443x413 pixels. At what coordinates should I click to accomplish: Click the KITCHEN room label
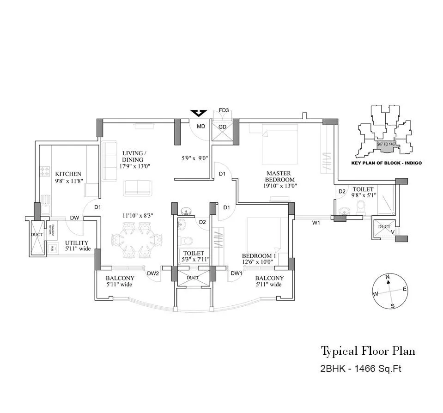click(x=68, y=174)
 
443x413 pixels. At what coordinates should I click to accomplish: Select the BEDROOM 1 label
click(x=258, y=255)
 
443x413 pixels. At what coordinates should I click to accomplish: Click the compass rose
click(x=391, y=291)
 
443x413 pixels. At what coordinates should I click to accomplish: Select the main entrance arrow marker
click(x=199, y=113)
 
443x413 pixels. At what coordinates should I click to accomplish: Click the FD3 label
click(x=224, y=110)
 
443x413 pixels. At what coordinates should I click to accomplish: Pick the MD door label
click(x=201, y=126)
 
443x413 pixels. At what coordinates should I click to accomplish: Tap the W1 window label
click(x=316, y=223)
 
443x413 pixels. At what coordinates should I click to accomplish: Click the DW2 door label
click(x=153, y=273)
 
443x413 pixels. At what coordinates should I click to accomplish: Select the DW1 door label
click(x=237, y=273)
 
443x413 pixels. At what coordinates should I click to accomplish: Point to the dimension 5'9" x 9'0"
click(x=194, y=158)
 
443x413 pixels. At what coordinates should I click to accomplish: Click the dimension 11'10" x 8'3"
click(x=137, y=215)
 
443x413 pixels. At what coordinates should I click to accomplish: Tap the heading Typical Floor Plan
click(x=368, y=351)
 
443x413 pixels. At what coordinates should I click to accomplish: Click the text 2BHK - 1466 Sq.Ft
click(x=358, y=369)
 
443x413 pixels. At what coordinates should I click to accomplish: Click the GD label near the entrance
click(x=222, y=127)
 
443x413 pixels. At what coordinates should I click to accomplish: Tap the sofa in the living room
click(x=137, y=187)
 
